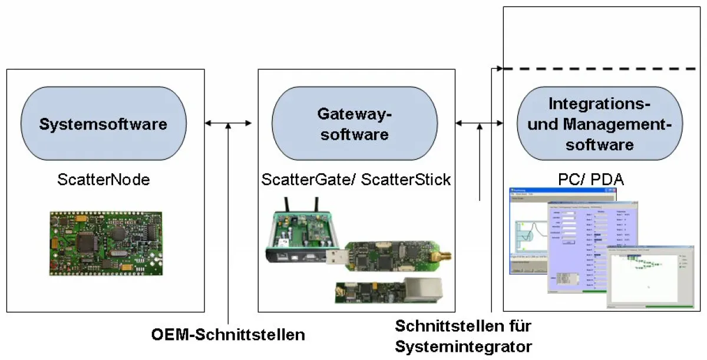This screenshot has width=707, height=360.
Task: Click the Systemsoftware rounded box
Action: click(x=103, y=124)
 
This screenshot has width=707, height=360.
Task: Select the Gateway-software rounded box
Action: click(x=353, y=124)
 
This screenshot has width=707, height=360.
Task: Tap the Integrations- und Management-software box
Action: click(x=599, y=124)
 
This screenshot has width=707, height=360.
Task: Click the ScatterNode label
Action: click(x=104, y=180)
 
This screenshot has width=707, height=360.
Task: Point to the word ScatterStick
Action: click(x=406, y=180)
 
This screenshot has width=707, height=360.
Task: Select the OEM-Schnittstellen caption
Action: click(x=228, y=335)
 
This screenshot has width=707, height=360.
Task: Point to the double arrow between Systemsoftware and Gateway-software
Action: click(x=228, y=123)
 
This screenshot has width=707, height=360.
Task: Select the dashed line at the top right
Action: click(x=601, y=69)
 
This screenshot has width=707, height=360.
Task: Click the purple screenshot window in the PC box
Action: click(x=580, y=247)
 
